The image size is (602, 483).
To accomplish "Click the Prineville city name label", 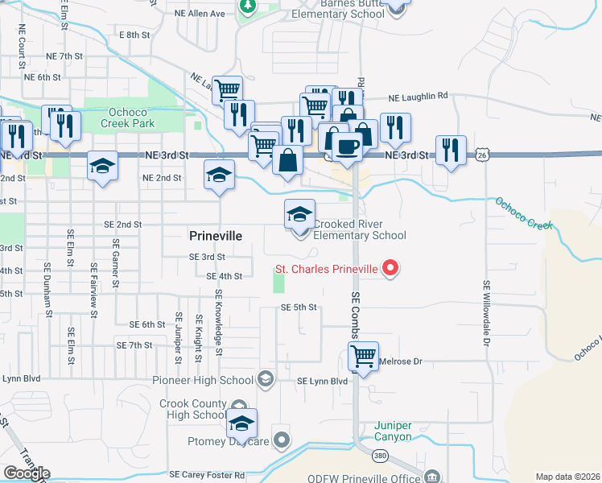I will tap(215, 236).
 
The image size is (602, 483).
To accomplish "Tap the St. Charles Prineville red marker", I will tap(391, 267).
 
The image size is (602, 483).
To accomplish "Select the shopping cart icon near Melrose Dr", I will tap(363, 355).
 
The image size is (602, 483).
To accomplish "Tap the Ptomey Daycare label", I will tap(233, 441).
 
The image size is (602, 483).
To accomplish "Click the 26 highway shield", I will tap(482, 154).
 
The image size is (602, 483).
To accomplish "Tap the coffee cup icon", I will tap(347, 147).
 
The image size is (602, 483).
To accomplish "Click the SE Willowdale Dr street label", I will tap(487, 314).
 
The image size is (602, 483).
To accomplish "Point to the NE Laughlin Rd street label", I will tap(417, 97).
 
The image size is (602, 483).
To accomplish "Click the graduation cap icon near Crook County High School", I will tap(241, 423).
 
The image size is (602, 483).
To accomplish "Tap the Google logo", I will tap(27, 473).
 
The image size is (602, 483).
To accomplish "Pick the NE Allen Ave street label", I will tap(200, 14).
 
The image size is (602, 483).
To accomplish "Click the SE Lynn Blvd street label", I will tap(322, 381).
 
